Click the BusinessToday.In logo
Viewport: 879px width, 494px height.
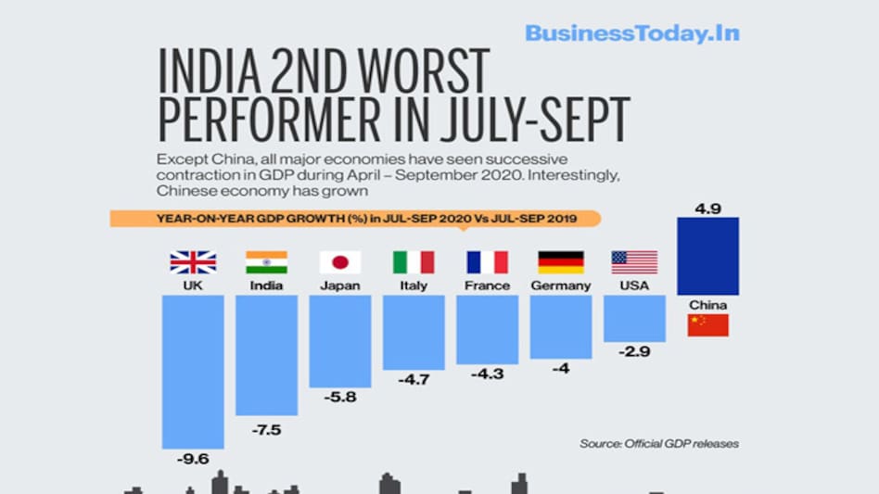coord(631,33)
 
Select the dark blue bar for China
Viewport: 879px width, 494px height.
coord(707,256)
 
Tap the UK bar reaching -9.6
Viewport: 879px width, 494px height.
coord(193,371)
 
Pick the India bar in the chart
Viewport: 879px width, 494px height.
coord(266,354)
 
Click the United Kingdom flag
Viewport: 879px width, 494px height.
coord(193,262)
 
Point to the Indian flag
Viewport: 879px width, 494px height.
coord(266,262)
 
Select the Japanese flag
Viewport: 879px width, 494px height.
coord(339,262)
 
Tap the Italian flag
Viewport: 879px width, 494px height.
coord(414,262)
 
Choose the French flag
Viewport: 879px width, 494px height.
coord(487,262)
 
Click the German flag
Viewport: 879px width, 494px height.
coord(560,262)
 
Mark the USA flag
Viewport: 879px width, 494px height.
coord(634,262)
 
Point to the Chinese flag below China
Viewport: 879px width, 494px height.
coord(707,325)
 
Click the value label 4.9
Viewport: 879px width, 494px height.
coord(707,209)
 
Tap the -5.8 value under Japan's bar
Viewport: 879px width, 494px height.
coord(339,398)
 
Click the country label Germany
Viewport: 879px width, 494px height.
coord(560,285)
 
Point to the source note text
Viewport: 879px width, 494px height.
coord(659,443)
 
